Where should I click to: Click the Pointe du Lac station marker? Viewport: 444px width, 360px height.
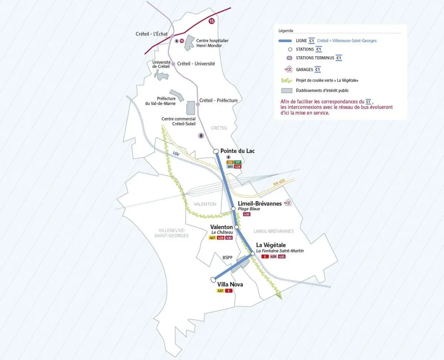point(216,151)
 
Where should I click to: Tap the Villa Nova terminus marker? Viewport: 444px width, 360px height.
point(213,279)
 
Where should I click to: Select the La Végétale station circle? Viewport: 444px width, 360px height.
point(253,254)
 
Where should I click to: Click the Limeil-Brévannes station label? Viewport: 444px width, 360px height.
point(260,203)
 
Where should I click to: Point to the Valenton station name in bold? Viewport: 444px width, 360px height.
point(222,227)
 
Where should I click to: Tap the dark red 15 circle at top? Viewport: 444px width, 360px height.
point(211,21)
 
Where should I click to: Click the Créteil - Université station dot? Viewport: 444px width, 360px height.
point(173,64)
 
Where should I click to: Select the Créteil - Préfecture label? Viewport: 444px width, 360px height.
point(218,100)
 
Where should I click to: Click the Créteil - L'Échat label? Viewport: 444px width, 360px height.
point(152,34)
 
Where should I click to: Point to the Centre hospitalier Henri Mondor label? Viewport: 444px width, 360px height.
point(212,43)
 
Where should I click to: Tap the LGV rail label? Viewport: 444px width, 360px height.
point(176,153)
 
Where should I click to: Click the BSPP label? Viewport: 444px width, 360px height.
point(227,257)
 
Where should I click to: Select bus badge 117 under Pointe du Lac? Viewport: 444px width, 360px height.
point(238,162)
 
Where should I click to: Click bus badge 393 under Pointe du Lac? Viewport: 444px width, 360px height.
point(229,167)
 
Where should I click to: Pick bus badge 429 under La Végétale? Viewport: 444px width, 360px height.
point(273,257)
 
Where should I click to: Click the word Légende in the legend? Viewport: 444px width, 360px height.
point(286,31)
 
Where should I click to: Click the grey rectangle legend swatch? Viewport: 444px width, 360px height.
point(287,90)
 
